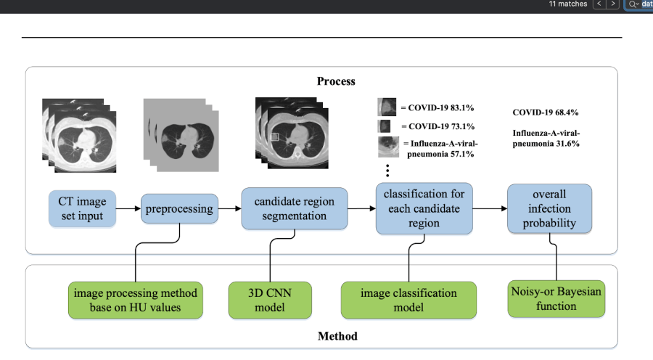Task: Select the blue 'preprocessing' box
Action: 179,208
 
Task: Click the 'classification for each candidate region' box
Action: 424,208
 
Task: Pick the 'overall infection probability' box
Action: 549,208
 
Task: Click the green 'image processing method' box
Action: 136,300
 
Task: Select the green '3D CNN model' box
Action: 270,300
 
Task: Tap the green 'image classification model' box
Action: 408,300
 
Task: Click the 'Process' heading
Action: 336,81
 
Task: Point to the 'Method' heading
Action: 337,336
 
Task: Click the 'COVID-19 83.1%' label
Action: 440,108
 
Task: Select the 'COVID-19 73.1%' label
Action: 440,126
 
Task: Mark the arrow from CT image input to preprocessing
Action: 128,208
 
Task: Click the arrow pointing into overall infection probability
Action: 489,208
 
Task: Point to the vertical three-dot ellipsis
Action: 387,171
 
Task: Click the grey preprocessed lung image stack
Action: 181,135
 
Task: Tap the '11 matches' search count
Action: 568,4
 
